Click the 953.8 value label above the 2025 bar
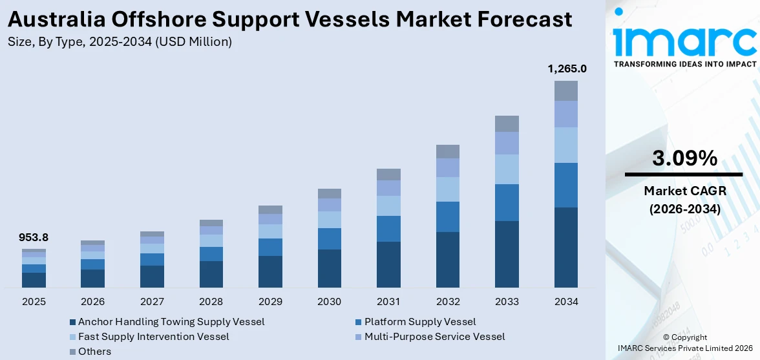[34, 238]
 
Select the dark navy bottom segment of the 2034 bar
[565, 247]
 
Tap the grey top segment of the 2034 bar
[565, 90]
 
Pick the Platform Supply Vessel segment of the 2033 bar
[507, 202]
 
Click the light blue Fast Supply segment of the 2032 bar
[447, 189]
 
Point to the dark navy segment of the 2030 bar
[329, 268]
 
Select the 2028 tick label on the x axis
[211, 302]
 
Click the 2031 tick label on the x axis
[388, 302]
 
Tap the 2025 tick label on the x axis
[34, 302]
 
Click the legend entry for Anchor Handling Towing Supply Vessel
[171, 322]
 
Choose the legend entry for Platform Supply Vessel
[419, 322]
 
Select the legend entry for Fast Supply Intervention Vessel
[153, 337]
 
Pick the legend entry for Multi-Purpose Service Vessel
[434, 337]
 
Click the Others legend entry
[94, 352]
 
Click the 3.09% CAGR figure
[684, 158]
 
